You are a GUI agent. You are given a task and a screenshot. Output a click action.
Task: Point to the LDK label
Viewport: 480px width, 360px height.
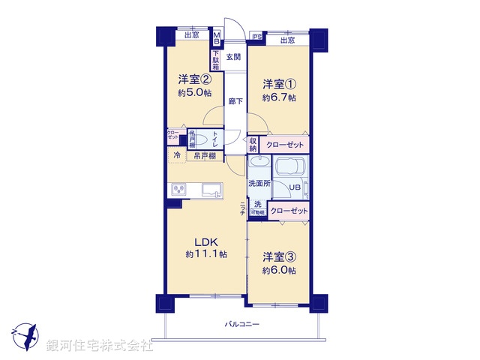[207, 241]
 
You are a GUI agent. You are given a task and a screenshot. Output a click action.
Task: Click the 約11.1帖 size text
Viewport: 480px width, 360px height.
[206, 255]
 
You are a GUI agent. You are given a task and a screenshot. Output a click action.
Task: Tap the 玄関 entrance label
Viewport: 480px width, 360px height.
[233, 57]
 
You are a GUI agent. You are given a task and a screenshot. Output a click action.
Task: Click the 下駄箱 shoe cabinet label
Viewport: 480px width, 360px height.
[215, 59]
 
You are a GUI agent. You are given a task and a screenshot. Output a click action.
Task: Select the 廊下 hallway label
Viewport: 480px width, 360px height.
[235, 101]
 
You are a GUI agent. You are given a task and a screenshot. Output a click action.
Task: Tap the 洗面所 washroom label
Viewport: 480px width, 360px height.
[259, 183]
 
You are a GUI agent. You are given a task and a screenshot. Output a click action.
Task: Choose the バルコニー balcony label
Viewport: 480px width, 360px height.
[241, 325]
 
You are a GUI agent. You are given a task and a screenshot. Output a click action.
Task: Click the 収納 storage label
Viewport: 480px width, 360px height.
[253, 144]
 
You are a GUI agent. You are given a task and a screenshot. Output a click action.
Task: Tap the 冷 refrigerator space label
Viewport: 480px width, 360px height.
[176, 156]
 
